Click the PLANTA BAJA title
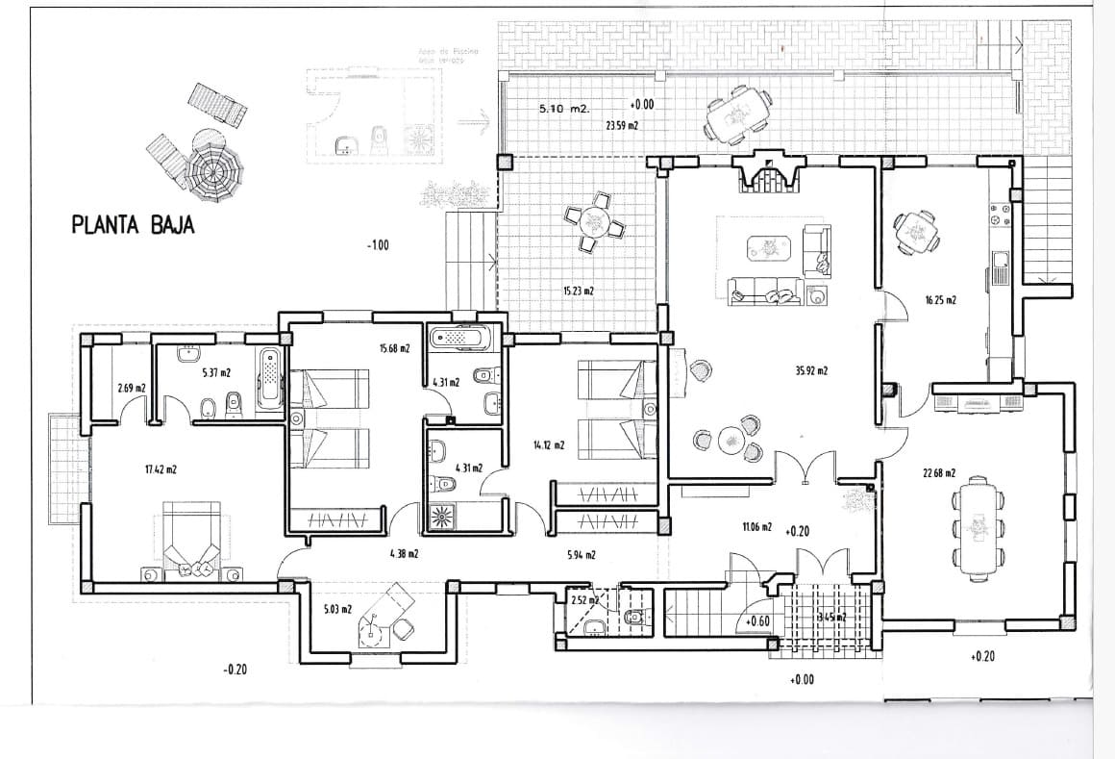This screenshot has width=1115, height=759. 134,226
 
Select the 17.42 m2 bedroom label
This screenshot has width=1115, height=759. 161,469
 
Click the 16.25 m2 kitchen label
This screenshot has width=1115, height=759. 940,300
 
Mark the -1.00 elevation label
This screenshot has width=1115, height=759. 378,246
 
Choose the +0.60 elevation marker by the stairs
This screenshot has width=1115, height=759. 756,621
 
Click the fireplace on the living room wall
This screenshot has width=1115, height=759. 767,174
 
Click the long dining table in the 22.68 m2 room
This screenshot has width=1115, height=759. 977,524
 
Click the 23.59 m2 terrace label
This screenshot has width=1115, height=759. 622,125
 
